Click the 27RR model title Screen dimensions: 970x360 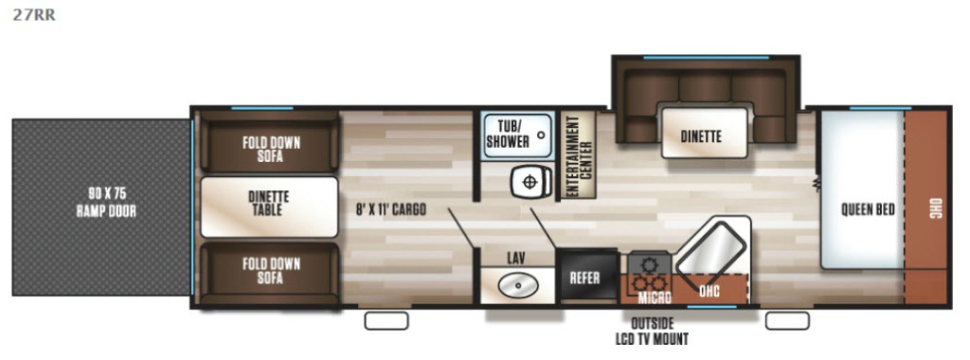click(35, 15)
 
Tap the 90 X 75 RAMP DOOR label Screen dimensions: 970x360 click(106, 204)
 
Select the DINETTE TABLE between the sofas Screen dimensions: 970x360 click(269, 207)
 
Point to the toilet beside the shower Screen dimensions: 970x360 click(530, 182)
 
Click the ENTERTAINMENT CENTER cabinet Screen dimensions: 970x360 click(578, 155)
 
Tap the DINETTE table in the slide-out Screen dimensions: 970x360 click(702, 133)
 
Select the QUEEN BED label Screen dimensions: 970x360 click(868, 209)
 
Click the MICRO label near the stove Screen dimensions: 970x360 click(655, 297)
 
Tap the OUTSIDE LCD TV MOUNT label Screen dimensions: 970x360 click(652, 331)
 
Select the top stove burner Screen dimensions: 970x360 click(648, 264)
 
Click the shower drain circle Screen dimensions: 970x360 click(540, 134)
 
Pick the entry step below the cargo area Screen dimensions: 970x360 click(386, 320)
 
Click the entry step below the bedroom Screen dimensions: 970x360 click(787, 320)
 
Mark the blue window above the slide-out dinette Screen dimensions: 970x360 click(706, 58)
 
